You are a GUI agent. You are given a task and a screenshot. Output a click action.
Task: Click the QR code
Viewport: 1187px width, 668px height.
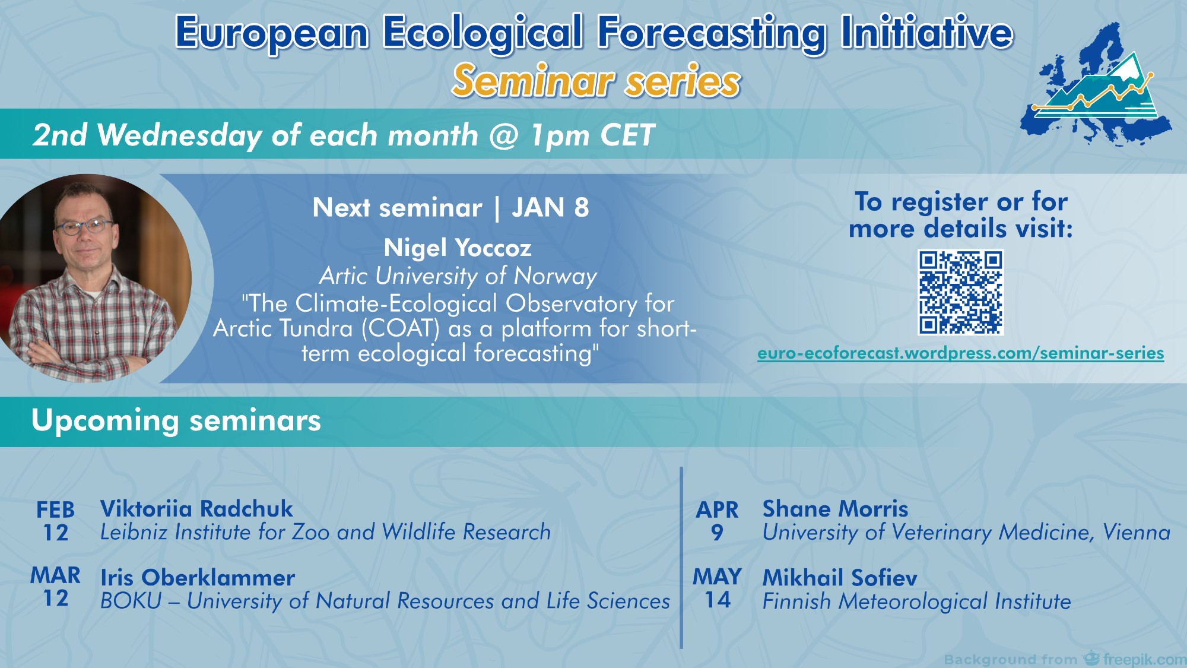pos(960,292)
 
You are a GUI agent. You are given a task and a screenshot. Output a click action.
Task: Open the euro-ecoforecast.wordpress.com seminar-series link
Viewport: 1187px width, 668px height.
pos(960,353)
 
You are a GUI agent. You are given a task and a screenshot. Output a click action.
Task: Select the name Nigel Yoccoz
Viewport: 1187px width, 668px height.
pos(458,248)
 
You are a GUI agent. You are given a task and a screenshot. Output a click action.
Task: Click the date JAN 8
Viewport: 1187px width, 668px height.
pos(550,208)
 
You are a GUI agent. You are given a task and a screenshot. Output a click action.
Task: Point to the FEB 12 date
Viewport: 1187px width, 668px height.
pos(56,521)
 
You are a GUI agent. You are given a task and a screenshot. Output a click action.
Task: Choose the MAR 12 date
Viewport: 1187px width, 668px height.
pos(56,586)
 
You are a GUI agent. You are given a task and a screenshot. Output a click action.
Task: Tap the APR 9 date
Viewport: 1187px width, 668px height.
pos(717,521)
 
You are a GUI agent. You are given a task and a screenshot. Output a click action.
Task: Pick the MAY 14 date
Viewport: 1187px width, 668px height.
pos(717,588)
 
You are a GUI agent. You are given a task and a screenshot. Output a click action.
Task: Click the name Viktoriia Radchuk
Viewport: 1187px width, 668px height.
pos(196,509)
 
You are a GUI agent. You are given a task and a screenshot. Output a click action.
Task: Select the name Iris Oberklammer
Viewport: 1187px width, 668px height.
pos(198,578)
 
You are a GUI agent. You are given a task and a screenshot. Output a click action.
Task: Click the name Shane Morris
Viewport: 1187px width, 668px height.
pos(835,509)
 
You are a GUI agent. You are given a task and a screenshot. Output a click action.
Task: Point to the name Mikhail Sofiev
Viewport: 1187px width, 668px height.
pos(840,578)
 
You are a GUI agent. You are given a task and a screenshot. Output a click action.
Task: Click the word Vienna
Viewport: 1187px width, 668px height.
pos(1137,532)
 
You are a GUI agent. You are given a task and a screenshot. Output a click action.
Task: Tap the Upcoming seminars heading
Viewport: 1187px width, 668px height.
pos(176,420)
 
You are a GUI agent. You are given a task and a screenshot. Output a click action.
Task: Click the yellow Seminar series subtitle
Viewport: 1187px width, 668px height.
pos(596,81)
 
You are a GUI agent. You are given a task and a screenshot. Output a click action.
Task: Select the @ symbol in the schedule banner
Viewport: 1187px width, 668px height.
pos(504,136)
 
